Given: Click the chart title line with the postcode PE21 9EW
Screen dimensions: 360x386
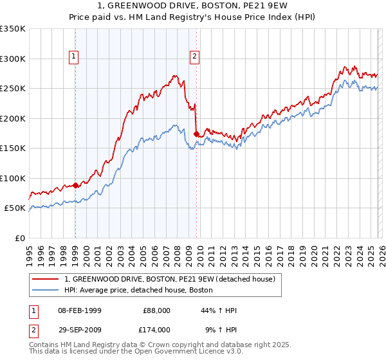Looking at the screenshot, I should [x=192, y=6].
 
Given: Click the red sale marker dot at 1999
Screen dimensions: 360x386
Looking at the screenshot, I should [x=75, y=185].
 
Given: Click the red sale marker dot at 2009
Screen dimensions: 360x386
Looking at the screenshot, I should [x=196, y=134].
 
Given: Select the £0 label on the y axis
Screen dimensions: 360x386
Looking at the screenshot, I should [x=20, y=238].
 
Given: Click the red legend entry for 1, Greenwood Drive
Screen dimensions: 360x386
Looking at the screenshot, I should [x=170, y=279].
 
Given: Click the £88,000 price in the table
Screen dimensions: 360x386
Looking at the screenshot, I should [x=156, y=310].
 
